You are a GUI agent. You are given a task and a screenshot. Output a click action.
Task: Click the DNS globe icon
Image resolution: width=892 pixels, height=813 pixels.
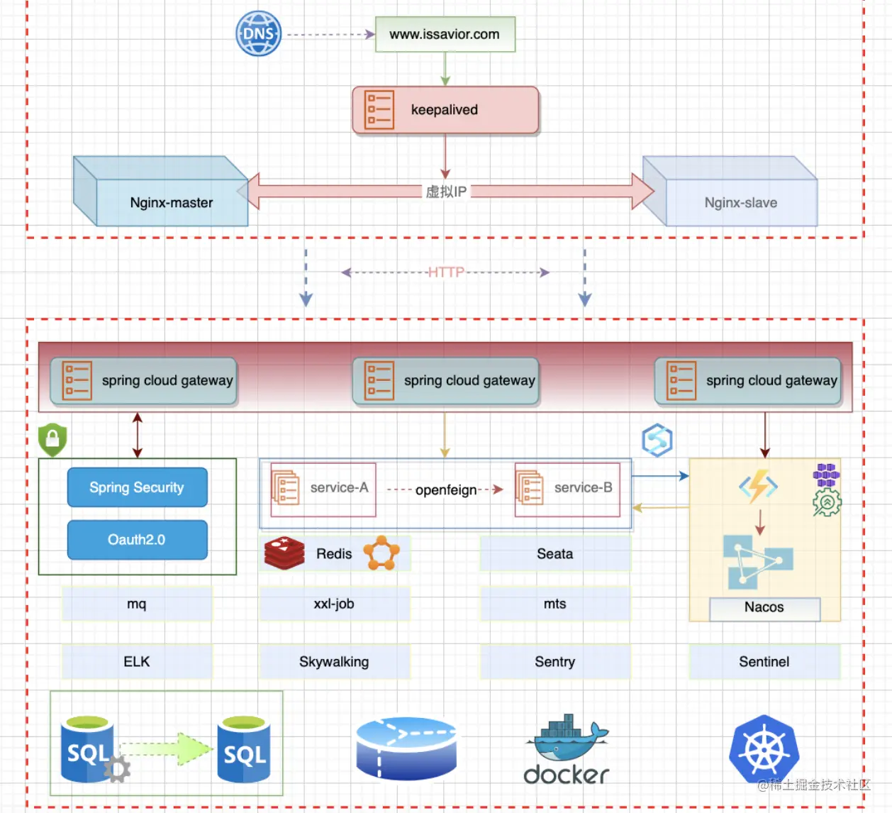pos(258,33)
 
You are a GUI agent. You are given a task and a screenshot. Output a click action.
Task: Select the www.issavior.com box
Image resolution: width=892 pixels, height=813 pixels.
pos(445,34)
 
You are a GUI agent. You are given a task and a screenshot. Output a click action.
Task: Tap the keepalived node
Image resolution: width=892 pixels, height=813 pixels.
pos(445,110)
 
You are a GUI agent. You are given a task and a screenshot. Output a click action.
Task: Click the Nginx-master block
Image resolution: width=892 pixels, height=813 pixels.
pos(171,202)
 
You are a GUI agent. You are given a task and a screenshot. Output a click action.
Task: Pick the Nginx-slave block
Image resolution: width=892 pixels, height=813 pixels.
pos(740,202)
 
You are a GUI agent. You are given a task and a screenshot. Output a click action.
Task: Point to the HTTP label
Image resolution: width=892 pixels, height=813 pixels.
pos(445,272)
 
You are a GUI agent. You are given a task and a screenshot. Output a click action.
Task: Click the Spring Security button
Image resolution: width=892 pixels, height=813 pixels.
pos(137,487)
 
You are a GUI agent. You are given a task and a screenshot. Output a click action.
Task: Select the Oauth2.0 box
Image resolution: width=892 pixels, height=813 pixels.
pos(137,540)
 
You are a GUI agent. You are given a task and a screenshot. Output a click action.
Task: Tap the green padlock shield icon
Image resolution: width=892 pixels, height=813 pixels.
pos(52,440)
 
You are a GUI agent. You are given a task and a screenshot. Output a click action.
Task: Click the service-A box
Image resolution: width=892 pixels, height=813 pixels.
pos(323,489)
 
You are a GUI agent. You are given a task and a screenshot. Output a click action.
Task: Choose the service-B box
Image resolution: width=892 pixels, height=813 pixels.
pos(567,489)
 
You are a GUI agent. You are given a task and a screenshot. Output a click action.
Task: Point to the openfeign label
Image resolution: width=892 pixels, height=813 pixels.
pos(445,490)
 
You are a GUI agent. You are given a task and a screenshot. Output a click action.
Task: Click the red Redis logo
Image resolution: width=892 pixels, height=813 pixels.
pos(284,553)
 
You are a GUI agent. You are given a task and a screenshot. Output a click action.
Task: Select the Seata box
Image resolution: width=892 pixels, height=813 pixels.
pos(554,554)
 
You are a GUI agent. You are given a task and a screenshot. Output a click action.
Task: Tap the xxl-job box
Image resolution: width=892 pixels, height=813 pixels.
pos(334,604)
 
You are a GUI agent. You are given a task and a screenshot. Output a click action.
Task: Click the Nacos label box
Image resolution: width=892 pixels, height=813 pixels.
pos(764,608)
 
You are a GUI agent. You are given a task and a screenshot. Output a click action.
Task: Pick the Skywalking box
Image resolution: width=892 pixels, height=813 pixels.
pos(334,662)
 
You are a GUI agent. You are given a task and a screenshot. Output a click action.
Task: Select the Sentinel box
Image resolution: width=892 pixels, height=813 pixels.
pos(764,662)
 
